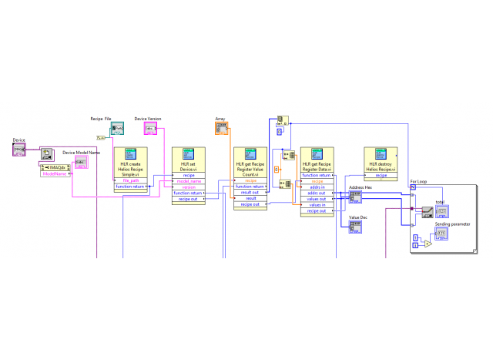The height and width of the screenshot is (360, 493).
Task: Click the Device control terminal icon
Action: pyautogui.click(x=19, y=150)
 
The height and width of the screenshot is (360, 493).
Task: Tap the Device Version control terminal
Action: pyautogui.click(x=150, y=129)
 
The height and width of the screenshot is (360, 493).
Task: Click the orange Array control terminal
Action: pyautogui.click(x=222, y=129)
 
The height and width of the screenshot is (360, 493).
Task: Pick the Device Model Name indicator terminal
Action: pyautogui.click(x=81, y=163)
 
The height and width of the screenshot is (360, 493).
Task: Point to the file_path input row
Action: pyautogui.click(x=130, y=180)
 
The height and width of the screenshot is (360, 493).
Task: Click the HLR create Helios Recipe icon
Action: pyautogui.click(x=130, y=153)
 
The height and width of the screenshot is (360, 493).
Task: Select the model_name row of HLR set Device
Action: pyautogui.click(x=189, y=180)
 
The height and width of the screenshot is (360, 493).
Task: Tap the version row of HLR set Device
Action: pyautogui.click(x=189, y=187)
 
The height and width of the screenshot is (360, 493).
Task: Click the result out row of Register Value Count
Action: pyautogui.click(x=250, y=192)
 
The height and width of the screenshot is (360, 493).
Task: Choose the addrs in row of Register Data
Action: pyautogui.click(x=317, y=187)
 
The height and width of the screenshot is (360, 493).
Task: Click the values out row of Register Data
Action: pyautogui.click(x=317, y=199)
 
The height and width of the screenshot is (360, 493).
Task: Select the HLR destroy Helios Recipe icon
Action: pyautogui.click(x=381, y=153)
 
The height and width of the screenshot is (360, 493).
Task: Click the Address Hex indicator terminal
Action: pyautogui.click(x=355, y=197)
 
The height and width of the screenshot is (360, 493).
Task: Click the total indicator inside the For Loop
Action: pyautogui.click(x=442, y=212)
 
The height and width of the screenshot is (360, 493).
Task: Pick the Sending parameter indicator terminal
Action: pyautogui.click(x=442, y=234)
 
